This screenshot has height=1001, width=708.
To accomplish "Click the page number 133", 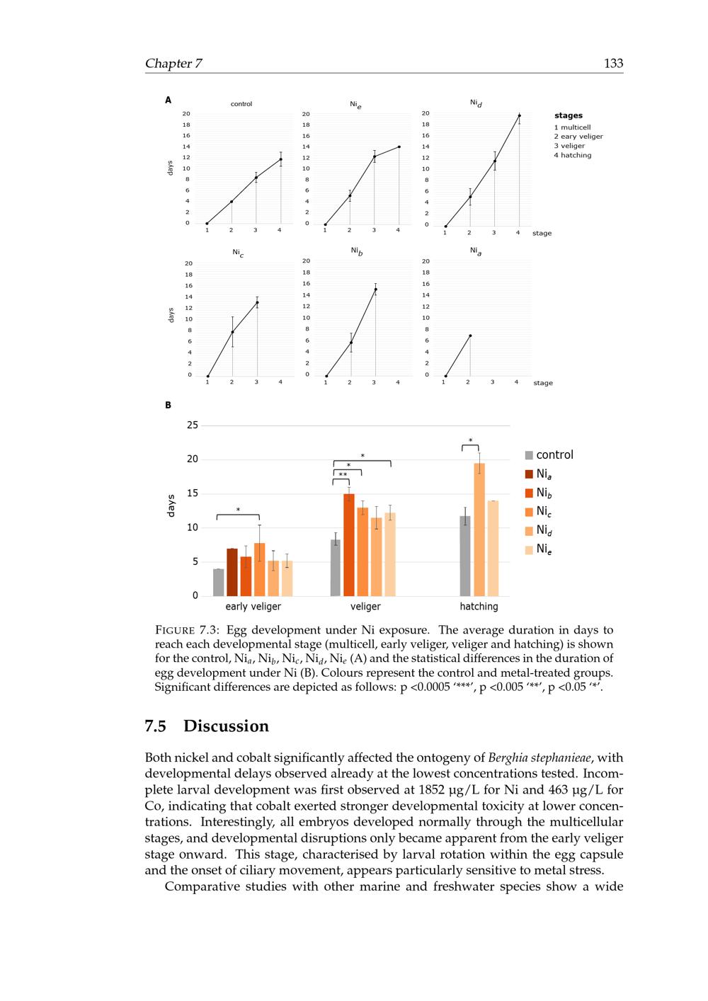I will coord(613,63).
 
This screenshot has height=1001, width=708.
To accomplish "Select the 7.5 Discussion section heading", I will coord(207,726).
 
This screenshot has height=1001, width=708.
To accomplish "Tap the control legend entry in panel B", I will coord(554,455).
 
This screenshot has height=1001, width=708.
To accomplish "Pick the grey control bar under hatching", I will coord(465,556).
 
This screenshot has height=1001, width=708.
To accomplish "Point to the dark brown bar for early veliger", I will coord(232,572).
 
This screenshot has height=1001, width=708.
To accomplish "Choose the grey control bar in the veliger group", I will coord(336,568).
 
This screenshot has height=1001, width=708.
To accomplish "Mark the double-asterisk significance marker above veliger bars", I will coord(343,474).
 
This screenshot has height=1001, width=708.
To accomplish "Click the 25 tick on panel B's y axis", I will coord(193,425).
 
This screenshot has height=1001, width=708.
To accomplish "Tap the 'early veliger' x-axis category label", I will coord(253,607).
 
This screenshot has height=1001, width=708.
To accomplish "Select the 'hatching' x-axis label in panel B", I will coord(479,607).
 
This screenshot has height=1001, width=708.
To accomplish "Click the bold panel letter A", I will coord(168,101).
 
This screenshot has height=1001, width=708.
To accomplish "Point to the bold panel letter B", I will coord(168,406).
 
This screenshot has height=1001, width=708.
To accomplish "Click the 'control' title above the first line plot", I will coord(241,104).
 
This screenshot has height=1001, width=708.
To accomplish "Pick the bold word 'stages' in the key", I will coord(569,115).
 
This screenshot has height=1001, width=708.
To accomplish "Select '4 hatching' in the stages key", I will coord(573,155).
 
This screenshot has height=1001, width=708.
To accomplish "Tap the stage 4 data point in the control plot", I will coord(280,159).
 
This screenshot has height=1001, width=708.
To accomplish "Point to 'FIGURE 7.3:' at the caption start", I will coord(187,630).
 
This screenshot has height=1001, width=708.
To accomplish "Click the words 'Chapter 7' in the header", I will coord(173,63).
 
